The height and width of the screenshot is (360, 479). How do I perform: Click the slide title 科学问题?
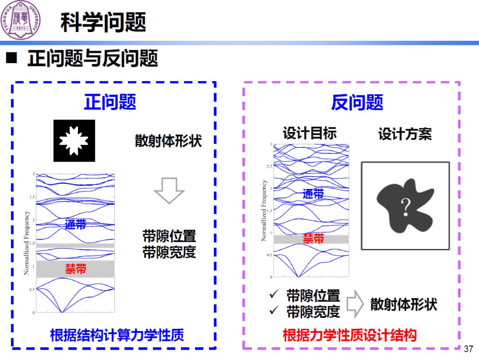pos(103,22)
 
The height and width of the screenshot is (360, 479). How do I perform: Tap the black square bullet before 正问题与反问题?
pos(12,58)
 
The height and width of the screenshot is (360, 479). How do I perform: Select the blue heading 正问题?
pos(110,102)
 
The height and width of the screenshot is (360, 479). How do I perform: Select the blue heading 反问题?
pos(357,102)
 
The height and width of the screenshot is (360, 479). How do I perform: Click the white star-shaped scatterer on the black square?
pos(74,141)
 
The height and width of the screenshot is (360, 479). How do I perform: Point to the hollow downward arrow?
pos(169,190)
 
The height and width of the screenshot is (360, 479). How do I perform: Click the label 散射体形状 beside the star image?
pos(168,141)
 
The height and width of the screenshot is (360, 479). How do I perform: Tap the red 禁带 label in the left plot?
pos(76,269)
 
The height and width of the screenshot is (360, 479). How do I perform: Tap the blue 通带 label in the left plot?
pos(75,224)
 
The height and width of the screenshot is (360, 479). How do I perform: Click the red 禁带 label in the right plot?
pos(314,239)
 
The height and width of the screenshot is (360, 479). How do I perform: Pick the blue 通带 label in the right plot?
pos(313,194)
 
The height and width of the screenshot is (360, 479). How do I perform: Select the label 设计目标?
pos(310,133)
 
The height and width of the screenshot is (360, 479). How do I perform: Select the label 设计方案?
pos(404,134)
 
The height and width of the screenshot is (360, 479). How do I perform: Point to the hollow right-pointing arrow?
pos(355,304)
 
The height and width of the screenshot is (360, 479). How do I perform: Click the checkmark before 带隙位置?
pos(274,295)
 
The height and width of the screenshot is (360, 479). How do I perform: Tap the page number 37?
pos(468,349)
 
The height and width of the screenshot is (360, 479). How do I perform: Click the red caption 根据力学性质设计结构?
pos(349,335)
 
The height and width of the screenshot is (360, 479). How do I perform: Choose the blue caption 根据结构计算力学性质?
pos(117,335)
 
